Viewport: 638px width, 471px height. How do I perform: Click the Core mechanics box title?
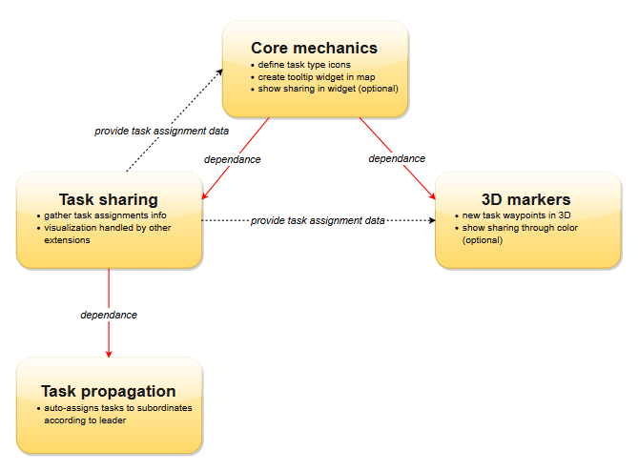coord(314,48)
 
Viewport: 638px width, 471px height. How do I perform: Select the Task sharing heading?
coord(108,199)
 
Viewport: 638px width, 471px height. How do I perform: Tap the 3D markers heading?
coord(525,199)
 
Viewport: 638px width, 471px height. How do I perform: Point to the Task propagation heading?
coord(108,391)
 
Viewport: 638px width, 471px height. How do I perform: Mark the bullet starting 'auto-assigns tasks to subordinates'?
coord(117,408)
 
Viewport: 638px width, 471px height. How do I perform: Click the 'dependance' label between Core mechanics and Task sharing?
coord(233,159)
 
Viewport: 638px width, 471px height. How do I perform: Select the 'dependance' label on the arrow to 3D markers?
coord(397,158)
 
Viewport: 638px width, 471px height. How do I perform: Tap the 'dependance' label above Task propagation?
coord(109,315)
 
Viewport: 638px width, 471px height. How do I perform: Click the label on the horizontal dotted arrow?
coord(318,221)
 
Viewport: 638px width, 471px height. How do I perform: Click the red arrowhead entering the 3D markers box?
coord(432,195)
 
